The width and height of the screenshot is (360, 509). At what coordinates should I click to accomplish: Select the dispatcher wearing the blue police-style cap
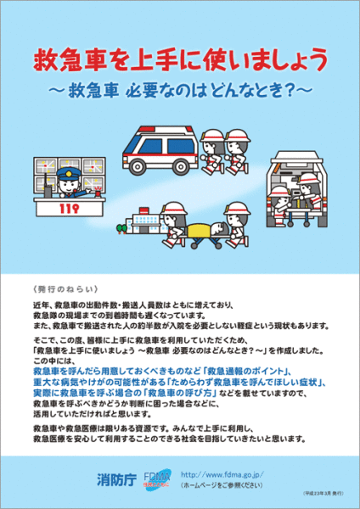[x=66, y=181]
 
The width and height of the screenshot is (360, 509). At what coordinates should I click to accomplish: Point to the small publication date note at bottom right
[x=323, y=493]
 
